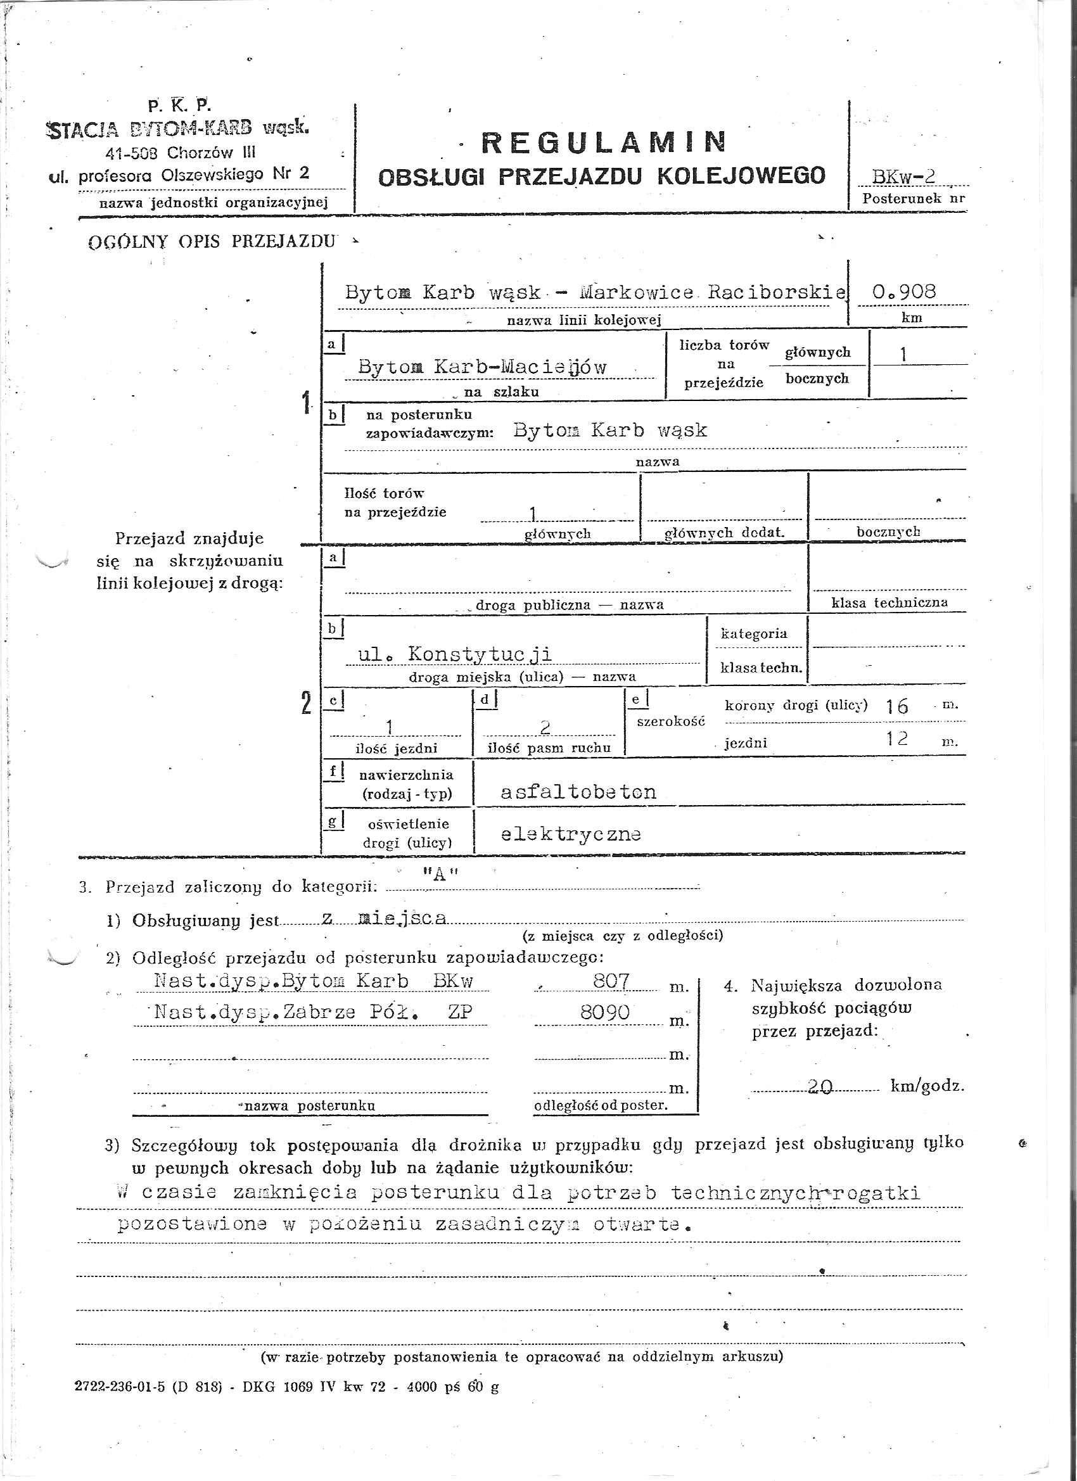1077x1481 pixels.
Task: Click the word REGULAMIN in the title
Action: [603, 143]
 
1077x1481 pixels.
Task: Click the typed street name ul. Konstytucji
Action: [456, 654]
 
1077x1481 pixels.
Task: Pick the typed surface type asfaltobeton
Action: [578, 792]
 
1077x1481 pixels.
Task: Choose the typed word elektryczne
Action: [570, 834]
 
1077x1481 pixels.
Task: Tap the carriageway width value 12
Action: [897, 739]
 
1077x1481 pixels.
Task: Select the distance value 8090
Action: [605, 1012]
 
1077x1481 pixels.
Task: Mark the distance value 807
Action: [611, 981]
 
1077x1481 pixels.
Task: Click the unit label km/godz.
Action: [926, 1086]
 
